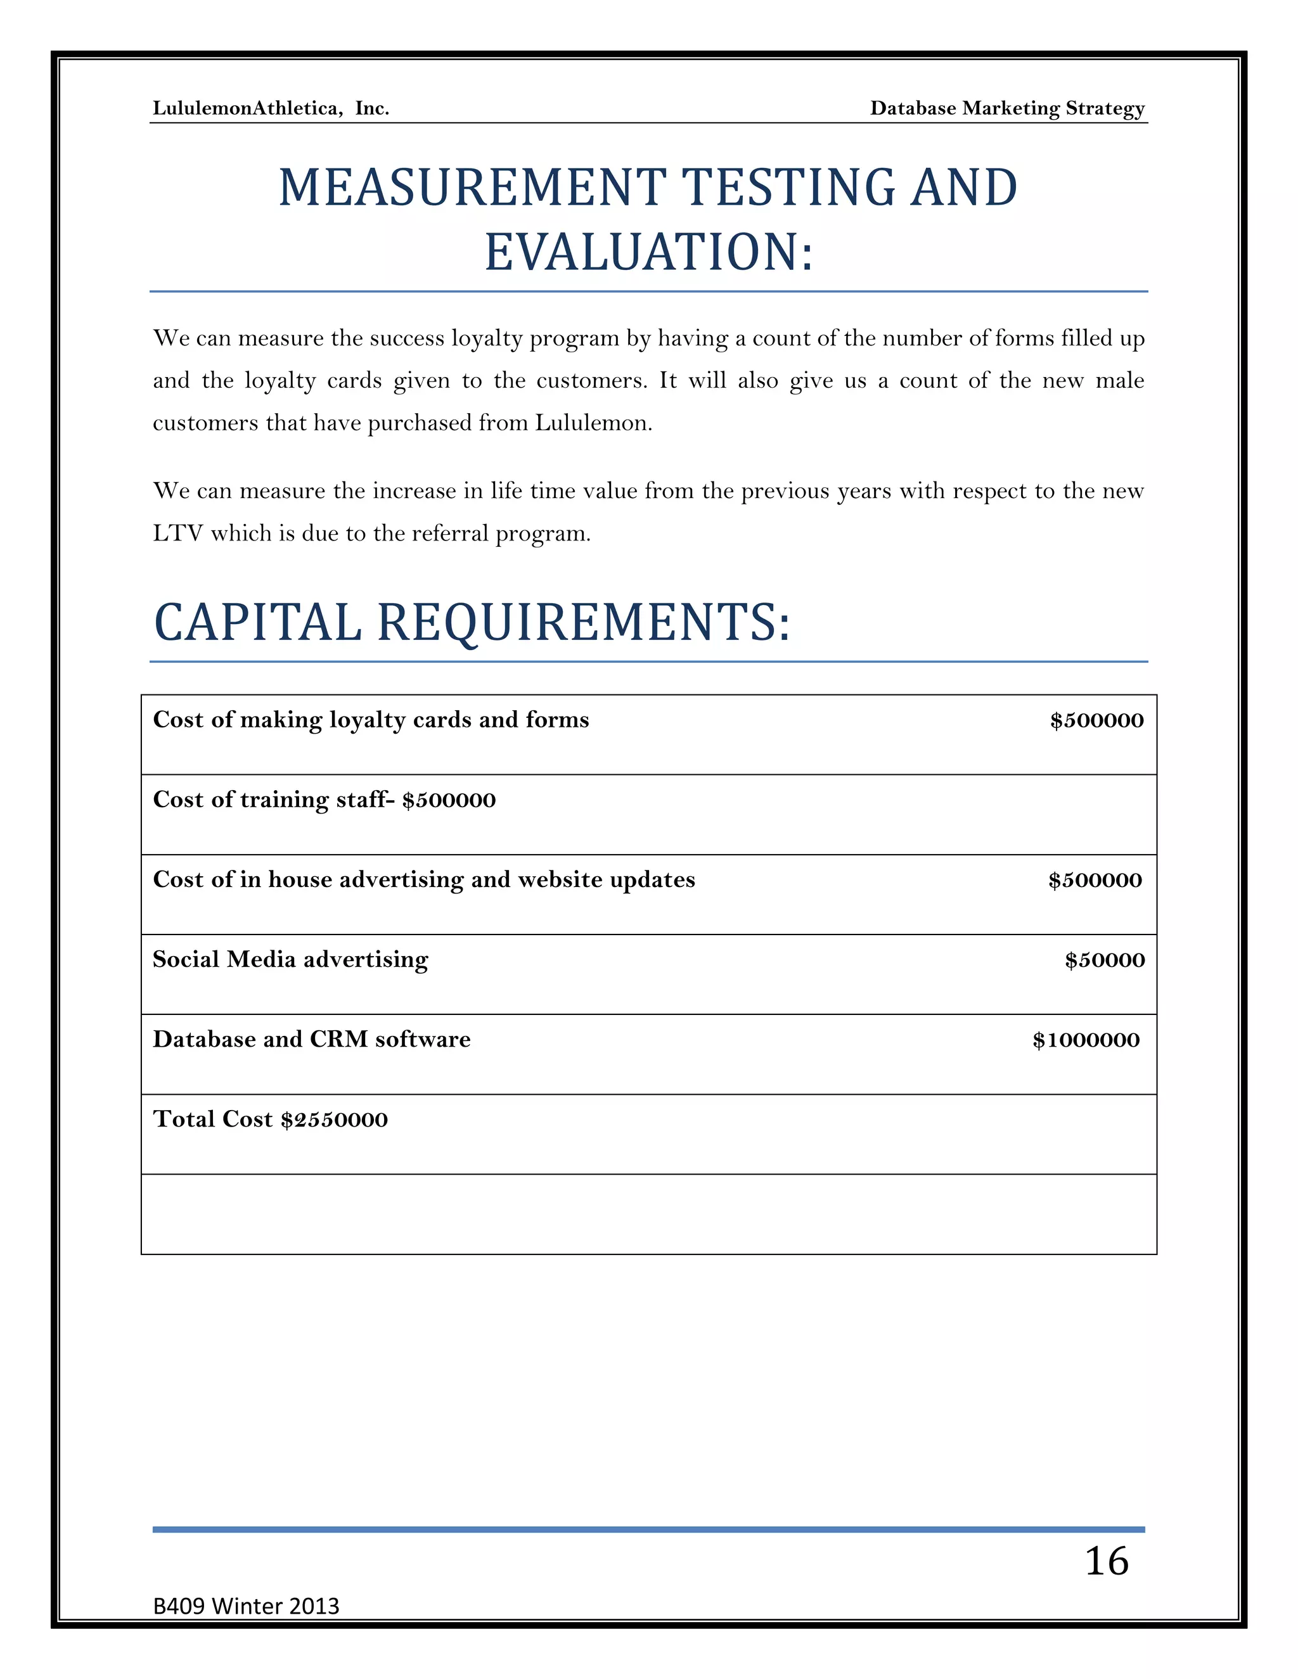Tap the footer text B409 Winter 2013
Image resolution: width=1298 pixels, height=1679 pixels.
pos(246,1606)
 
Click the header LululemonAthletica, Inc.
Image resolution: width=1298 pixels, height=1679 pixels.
pos(271,108)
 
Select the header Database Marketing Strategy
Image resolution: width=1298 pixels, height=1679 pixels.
pos(1006,108)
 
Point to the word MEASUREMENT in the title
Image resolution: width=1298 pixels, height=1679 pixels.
pos(472,188)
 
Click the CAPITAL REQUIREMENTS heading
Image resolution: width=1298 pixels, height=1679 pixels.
pos(472,622)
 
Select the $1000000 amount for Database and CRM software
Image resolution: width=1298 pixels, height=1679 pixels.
pos(1085,1040)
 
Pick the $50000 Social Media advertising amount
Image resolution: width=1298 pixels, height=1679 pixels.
pos(1104,960)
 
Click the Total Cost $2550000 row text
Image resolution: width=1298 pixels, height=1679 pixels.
pos(270,1120)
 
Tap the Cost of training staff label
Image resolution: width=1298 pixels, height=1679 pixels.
pos(273,800)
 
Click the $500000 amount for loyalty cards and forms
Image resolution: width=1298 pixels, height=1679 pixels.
pos(1096,720)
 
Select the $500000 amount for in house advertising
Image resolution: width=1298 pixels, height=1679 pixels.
pos(1095,880)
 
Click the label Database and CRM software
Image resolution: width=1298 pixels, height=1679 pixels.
pos(311,1039)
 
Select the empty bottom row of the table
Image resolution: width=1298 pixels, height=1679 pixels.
pos(648,1214)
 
